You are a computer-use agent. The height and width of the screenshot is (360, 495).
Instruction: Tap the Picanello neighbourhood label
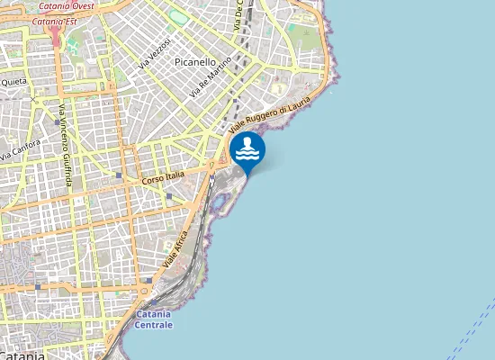195,62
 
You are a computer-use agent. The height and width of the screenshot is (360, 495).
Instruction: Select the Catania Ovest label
67,5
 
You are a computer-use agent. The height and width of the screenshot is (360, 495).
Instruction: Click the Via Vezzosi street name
155,54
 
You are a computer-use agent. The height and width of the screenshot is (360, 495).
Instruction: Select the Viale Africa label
176,251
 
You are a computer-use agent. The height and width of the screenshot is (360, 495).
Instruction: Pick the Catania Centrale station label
159,319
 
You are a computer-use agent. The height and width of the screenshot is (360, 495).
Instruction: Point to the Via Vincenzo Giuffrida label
65,142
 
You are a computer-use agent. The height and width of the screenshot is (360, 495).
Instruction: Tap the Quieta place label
13,81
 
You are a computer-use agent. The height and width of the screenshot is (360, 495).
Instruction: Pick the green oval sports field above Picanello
180,17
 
